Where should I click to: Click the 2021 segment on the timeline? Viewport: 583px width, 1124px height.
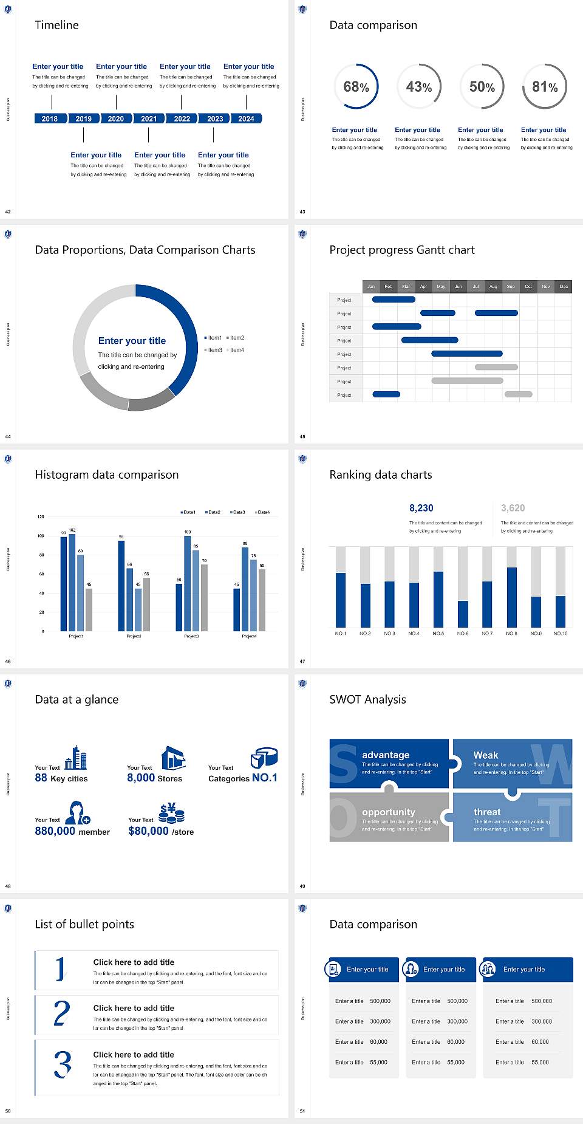point(149,118)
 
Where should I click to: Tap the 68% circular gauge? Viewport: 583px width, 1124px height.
point(356,86)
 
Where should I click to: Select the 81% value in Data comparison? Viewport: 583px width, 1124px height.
point(545,87)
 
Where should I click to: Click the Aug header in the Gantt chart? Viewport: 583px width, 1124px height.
point(493,286)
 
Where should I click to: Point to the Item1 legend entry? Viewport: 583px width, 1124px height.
point(214,338)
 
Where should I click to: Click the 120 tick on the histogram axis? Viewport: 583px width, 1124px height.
point(41,517)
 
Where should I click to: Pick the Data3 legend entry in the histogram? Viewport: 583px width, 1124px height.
point(238,512)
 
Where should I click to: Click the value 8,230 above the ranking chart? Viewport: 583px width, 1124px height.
point(421,508)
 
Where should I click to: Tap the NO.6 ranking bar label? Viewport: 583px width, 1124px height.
point(463,633)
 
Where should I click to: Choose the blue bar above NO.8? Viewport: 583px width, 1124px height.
point(512,597)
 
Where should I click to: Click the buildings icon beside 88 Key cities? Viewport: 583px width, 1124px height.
point(76,758)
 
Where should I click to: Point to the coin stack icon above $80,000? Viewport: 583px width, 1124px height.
point(172,813)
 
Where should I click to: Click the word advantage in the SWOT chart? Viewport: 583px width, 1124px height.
point(386,755)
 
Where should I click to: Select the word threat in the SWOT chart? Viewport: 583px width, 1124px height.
point(487,812)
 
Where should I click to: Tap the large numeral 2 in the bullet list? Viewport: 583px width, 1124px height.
point(61,1013)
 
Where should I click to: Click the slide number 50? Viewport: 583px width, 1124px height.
point(8,1111)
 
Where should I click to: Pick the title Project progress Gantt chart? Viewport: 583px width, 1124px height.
point(402,250)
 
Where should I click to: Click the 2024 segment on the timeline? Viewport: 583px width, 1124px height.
point(247,118)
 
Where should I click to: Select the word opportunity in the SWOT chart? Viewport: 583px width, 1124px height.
point(389,812)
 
